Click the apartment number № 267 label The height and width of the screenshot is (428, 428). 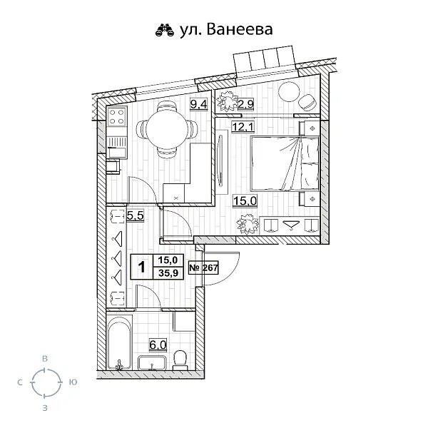[203, 267]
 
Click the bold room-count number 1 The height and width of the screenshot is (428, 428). [142, 267]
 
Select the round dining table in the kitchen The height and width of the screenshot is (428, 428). [167, 130]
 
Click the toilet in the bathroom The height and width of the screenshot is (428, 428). [183, 357]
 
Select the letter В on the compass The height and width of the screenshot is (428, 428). [45, 358]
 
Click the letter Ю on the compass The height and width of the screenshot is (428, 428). [73, 383]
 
